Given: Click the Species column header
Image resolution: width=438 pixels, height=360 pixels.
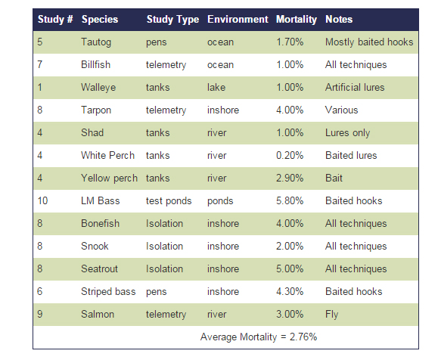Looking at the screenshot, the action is point(100,19).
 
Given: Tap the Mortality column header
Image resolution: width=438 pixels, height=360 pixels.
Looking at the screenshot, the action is point(297,19).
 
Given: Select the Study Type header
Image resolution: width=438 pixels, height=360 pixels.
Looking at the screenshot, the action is point(172,19).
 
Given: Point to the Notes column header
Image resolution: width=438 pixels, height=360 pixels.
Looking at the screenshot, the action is point(339,19).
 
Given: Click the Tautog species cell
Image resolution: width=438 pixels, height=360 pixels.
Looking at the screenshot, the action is point(96,42).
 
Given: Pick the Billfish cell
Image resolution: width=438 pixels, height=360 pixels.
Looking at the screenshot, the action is point(95,64).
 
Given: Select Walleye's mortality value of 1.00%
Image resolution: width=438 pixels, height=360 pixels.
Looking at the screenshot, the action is point(290,88).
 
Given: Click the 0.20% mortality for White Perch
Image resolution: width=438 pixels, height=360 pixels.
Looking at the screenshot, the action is point(290,155).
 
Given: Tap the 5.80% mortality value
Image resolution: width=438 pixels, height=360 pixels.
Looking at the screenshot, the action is point(290,200).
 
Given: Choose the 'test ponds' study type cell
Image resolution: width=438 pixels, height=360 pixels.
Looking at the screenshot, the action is point(169,201).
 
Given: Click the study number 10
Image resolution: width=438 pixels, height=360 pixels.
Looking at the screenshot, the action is point(42,200).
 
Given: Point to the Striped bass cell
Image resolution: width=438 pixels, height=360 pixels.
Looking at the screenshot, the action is point(108,292).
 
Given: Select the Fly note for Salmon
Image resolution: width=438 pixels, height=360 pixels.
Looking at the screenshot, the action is point(331,315).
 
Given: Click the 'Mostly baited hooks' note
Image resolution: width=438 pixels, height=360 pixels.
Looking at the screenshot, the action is point(369,42).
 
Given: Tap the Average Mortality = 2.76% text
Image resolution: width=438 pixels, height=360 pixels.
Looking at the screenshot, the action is point(259,337).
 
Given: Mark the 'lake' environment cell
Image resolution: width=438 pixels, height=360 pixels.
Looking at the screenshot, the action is point(216,88).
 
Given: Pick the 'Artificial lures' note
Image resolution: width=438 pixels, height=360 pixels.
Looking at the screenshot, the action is point(355,88).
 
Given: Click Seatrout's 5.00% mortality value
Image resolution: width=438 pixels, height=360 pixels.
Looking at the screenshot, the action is point(290,268).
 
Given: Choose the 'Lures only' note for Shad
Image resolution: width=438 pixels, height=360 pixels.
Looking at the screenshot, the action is point(347,133).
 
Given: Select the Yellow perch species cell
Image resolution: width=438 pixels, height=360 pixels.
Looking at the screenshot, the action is point(109,178).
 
